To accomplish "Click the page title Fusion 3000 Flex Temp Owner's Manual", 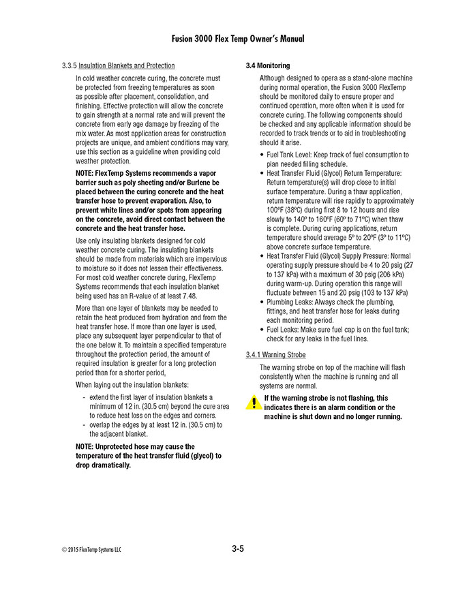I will click(234, 39).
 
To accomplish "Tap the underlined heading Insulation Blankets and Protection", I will click(127, 65).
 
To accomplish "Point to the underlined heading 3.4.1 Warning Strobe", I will click(275, 355).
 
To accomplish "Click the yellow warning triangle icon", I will click(253, 402).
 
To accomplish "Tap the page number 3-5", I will click(237, 548).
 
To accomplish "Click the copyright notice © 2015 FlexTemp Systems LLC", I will click(92, 549).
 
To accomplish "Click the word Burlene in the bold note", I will click(205, 183).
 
